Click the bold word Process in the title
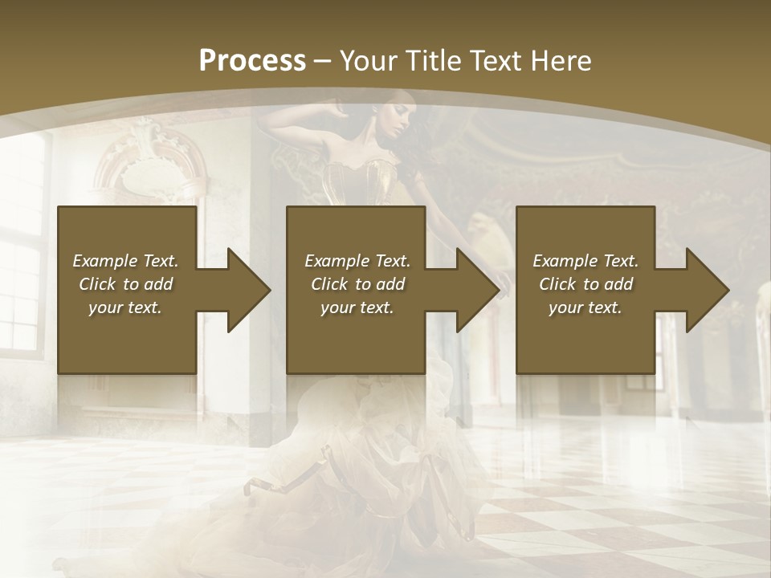point(252,61)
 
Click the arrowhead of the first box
point(244,290)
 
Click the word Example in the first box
point(104,261)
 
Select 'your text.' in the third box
point(585,307)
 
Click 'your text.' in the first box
point(125,307)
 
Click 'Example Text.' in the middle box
point(357,261)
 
